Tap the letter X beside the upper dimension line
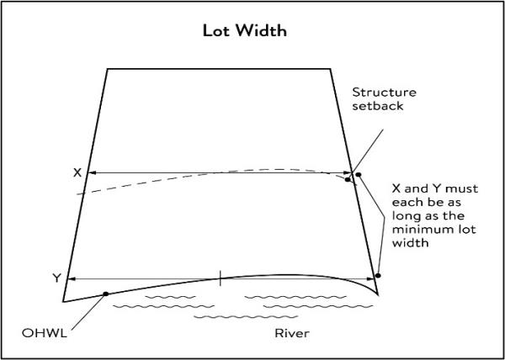(x=77, y=172)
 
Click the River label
(x=292, y=334)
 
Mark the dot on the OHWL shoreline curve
(x=105, y=294)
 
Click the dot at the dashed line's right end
(x=348, y=177)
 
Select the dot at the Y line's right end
(x=379, y=275)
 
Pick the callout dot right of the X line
(x=358, y=174)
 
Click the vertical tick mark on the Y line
(x=221, y=278)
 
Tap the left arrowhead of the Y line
(x=71, y=278)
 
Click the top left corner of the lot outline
(x=108, y=69)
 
